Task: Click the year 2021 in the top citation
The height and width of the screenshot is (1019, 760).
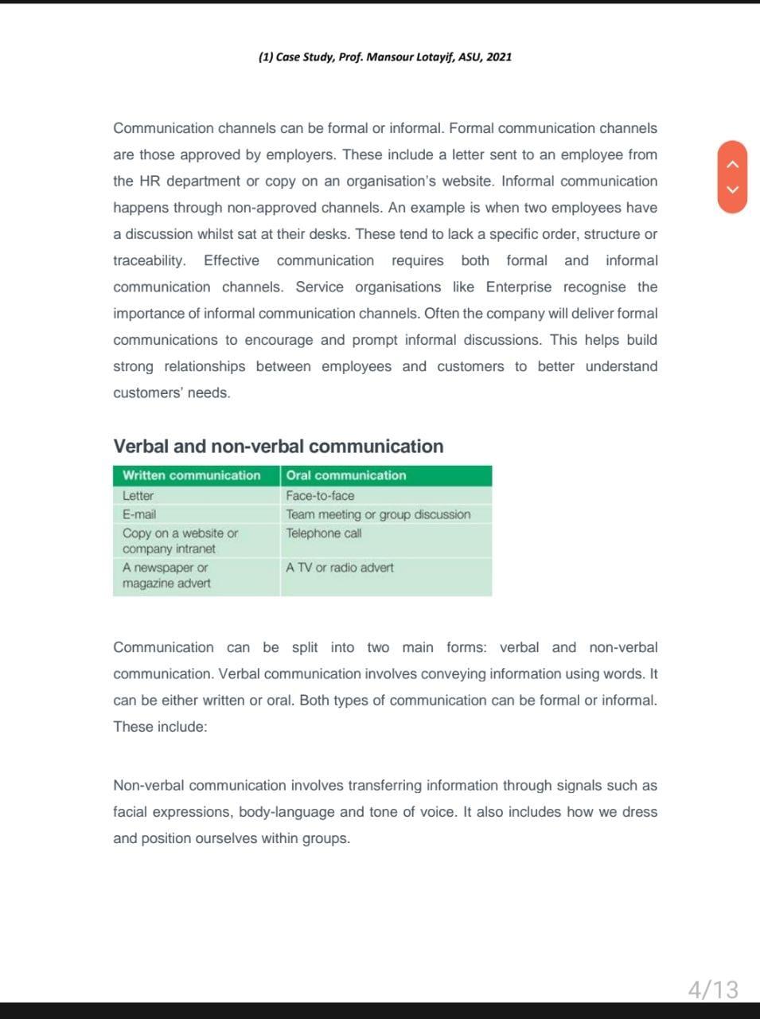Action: click(499, 57)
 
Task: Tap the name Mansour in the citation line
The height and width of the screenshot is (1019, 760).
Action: click(390, 57)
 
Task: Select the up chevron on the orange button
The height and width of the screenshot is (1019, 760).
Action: click(734, 164)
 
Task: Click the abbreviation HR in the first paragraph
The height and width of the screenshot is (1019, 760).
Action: click(150, 181)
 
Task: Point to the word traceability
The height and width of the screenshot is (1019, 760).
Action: click(149, 260)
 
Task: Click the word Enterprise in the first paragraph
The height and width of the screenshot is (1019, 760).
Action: click(518, 287)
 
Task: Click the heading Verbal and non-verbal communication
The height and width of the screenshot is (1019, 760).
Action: click(279, 446)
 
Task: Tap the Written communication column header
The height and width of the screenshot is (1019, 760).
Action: click(191, 475)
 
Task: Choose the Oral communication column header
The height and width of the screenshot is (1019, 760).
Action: click(345, 475)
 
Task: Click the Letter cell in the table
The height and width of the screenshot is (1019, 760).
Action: click(138, 495)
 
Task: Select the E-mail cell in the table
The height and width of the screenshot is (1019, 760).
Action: click(139, 514)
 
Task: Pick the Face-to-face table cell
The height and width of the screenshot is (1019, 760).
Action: click(320, 495)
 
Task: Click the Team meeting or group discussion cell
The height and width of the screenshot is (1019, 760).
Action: click(378, 514)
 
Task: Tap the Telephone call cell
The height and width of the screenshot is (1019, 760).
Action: click(323, 533)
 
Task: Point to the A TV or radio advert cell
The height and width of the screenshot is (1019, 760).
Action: click(339, 568)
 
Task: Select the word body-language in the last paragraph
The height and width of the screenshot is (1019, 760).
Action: click(286, 812)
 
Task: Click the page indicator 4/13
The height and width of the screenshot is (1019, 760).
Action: click(713, 990)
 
